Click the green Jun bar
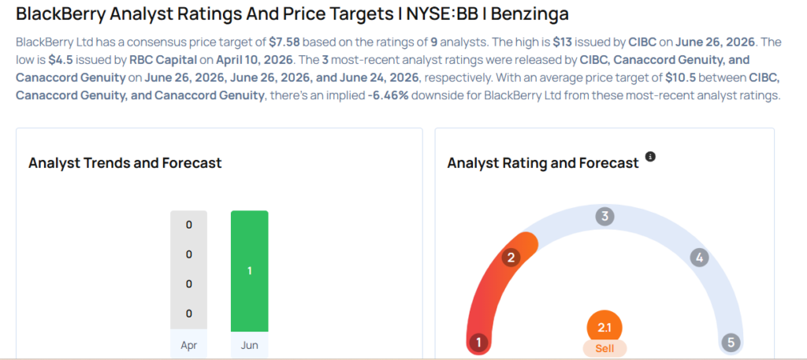250,271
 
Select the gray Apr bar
189,270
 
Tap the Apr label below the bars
189,345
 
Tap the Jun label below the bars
250,345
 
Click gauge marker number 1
478,342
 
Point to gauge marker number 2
511,258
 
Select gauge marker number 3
604,217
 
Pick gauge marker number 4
700,258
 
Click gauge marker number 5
731,342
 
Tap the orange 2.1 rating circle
604,328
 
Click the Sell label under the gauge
604,349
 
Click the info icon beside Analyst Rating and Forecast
650,156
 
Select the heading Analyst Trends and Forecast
125,163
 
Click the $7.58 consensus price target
284,43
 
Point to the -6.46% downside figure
388,96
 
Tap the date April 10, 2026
255,60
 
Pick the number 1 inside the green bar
250,270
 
